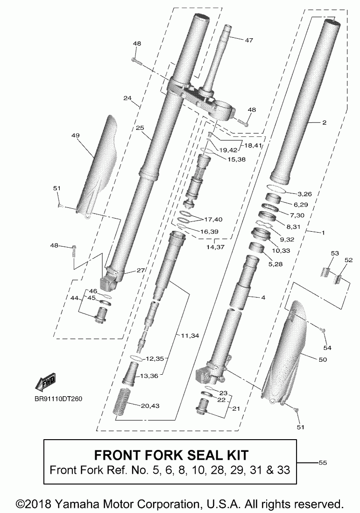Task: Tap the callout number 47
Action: pyautogui.click(x=248, y=40)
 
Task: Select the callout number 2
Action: pyautogui.click(x=324, y=123)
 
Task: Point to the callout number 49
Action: pyautogui.click(x=76, y=135)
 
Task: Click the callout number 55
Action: pyautogui.click(x=322, y=463)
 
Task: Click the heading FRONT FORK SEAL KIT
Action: pyautogui.click(x=171, y=455)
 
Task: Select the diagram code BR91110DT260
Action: pyautogui.click(x=58, y=399)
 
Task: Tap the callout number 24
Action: pyautogui.click(x=128, y=99)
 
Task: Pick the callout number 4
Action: pyautogui.click(x=263, y=297)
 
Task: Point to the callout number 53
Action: pyautogui.click(x=334, y=253)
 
